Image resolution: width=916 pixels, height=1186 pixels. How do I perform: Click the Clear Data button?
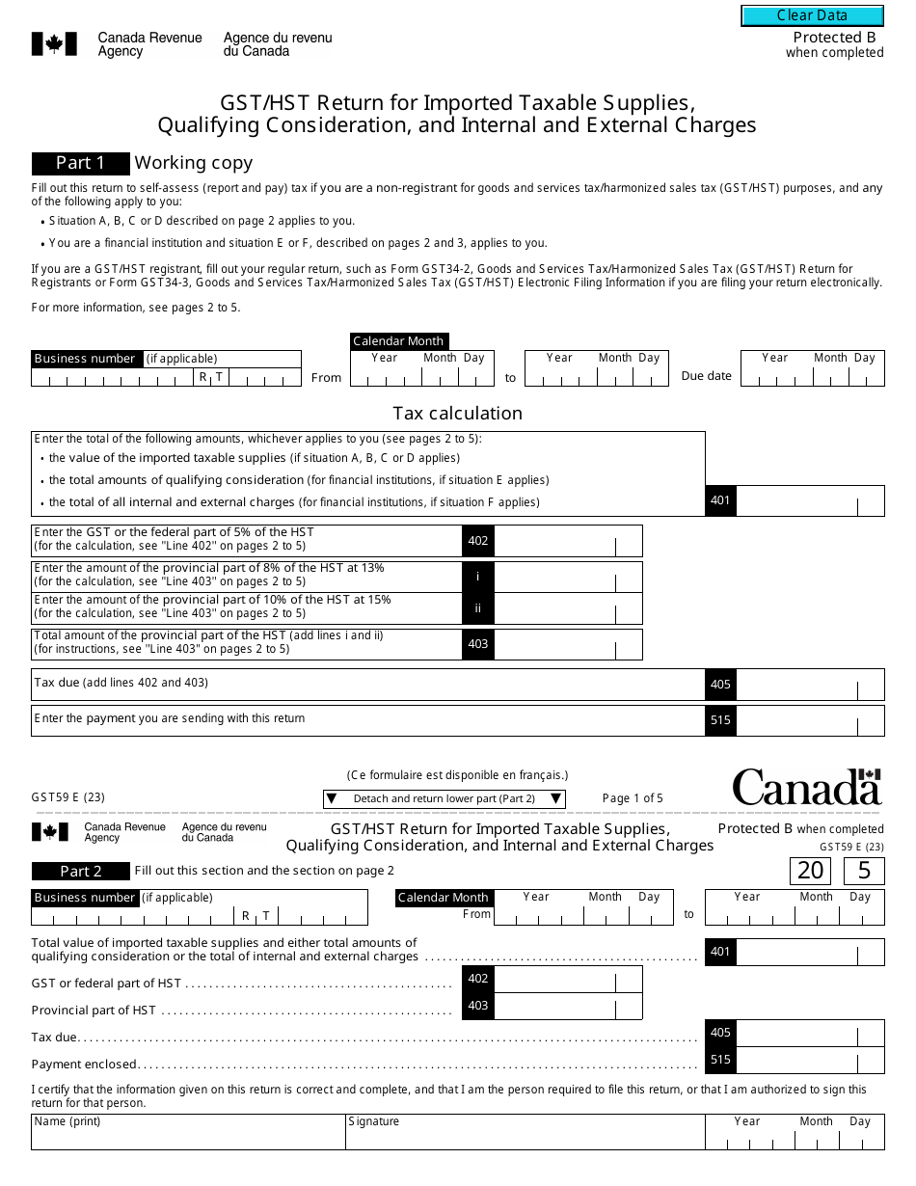[812, 15]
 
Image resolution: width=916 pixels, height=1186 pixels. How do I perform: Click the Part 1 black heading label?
[80, 163]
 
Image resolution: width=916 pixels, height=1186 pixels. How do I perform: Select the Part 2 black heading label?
[80, 871]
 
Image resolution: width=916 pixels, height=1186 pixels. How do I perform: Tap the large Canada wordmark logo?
[806, 788]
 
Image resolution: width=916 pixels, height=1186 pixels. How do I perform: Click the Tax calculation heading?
[457, 413]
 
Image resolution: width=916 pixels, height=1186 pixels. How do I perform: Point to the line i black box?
[478, 577]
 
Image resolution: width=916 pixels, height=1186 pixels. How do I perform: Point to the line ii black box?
[478, 608]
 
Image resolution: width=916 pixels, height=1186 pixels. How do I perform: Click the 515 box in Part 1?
[720, 719]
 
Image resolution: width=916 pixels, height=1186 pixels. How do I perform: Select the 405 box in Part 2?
[720, 1033]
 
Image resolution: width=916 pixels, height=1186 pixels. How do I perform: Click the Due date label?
[706, 376]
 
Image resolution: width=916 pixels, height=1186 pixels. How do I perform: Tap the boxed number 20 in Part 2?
[810, 871]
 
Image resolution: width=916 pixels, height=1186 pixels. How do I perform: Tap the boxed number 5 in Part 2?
[863, 871]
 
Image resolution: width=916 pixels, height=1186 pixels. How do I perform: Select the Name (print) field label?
[67, 1121]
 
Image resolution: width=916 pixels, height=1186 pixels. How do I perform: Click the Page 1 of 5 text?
[633, 798]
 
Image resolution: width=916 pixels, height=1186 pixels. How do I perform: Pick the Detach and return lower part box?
[444, 798]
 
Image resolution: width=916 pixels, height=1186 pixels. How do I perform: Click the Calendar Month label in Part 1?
[398, 341]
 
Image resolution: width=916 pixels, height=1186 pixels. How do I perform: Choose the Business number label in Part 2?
[85, 898]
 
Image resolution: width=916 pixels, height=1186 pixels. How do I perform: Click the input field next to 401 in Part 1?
[796, 501]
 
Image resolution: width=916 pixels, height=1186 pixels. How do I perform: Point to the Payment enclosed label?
[85, 1065]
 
